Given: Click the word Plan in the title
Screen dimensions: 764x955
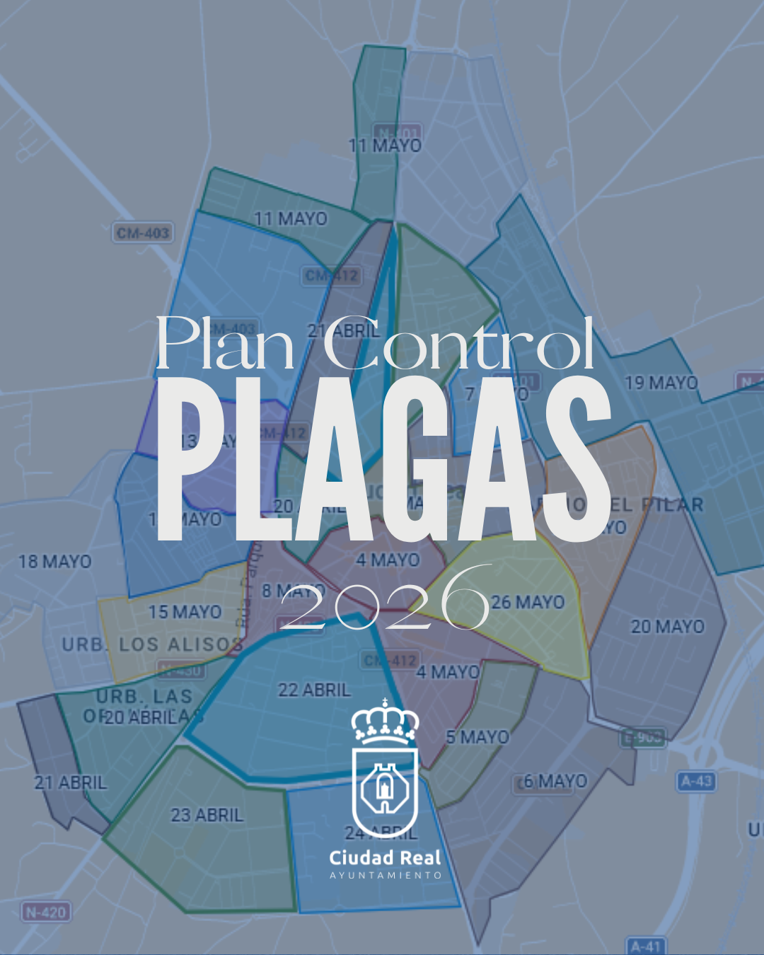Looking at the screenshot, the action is click(225, 344).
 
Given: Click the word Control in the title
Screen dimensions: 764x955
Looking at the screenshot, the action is click(458, 344).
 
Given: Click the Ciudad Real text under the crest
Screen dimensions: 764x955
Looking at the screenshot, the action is click(385, 858).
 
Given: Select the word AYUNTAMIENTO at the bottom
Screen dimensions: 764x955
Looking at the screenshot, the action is click(386, 876).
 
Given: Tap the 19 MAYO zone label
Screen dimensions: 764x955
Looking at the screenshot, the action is click(661, 383).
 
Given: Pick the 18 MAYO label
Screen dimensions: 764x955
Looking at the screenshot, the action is click(55, 562).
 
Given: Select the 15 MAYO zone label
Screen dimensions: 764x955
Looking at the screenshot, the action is click(185, 612).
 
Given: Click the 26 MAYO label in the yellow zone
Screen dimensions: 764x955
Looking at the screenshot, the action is click(528, 603).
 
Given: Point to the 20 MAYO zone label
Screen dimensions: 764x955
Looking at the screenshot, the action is click(668, 627).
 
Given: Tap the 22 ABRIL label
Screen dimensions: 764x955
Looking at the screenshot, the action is click(314, 690).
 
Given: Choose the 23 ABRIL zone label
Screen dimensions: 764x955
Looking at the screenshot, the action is click(207, 816).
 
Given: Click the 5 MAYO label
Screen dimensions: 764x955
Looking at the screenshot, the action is click(477, 737).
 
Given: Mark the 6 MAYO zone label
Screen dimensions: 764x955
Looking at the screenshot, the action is click(555, 782).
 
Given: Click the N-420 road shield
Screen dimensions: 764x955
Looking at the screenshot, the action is click(46, 913).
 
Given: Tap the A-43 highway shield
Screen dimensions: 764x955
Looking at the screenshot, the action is click(697, 782).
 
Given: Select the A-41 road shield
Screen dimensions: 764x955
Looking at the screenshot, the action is click(646, 947).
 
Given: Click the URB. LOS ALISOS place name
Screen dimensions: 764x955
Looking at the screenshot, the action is click(152, 644).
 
